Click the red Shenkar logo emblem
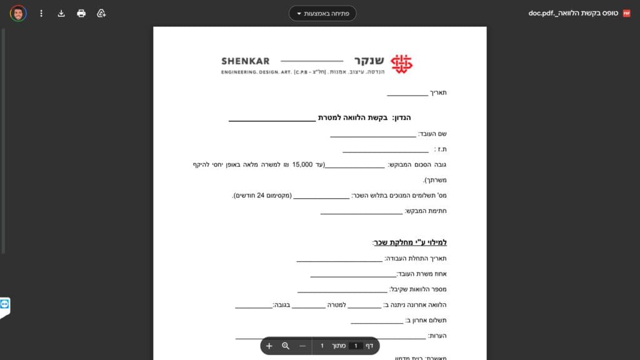pos(402,63)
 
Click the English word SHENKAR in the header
pos(246,61)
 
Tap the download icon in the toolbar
pos(61,13)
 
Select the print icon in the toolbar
pos(81,13)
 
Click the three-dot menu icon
pos(41,13)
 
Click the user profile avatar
pos(18,13)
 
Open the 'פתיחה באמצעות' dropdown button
pos(322,13)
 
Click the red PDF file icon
pos(627,13)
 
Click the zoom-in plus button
pos(269,346)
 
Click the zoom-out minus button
pos(302,346)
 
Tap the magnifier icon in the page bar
pos(286,346)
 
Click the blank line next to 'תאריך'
pos(407,95)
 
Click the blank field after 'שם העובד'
pos(372,136)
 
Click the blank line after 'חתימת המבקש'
pos(361,213)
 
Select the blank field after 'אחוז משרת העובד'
pos(353,276)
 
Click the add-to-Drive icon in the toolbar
pos(101,13)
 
